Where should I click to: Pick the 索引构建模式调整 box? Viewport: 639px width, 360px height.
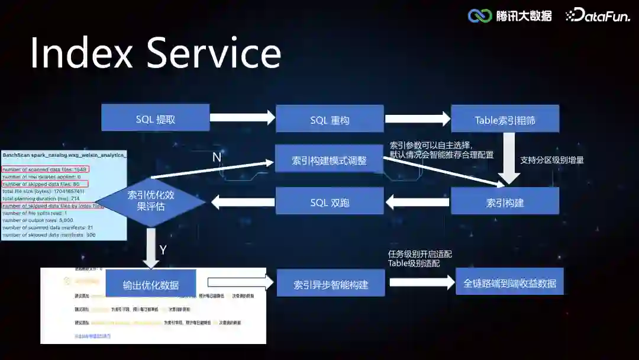click(330, 159)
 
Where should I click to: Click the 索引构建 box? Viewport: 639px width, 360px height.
click(505, 201)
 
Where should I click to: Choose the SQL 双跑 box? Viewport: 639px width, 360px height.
click(330, 201)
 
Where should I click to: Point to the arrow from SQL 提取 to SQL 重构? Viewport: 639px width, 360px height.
click(243, 117)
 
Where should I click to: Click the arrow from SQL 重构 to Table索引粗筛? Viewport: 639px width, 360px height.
click(418, 118)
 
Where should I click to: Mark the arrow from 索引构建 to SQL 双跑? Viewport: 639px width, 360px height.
click(417, 202)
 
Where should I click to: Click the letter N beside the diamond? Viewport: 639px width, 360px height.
click(217, 157)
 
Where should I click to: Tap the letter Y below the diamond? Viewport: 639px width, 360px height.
click(163, 250)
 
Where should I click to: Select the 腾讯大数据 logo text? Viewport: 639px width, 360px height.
click(524, 16)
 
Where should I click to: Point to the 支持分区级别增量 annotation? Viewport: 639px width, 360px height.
click(551, 160)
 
